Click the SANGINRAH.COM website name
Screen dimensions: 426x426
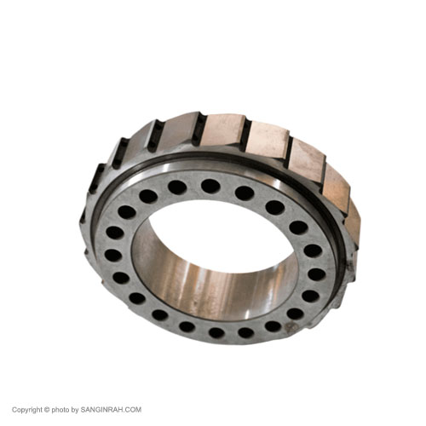111,410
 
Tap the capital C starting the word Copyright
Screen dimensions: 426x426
14,410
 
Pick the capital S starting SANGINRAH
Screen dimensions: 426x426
83,410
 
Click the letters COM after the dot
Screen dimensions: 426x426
134,410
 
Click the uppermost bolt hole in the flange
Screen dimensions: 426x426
210,186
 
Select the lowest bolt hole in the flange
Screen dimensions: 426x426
216,332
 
